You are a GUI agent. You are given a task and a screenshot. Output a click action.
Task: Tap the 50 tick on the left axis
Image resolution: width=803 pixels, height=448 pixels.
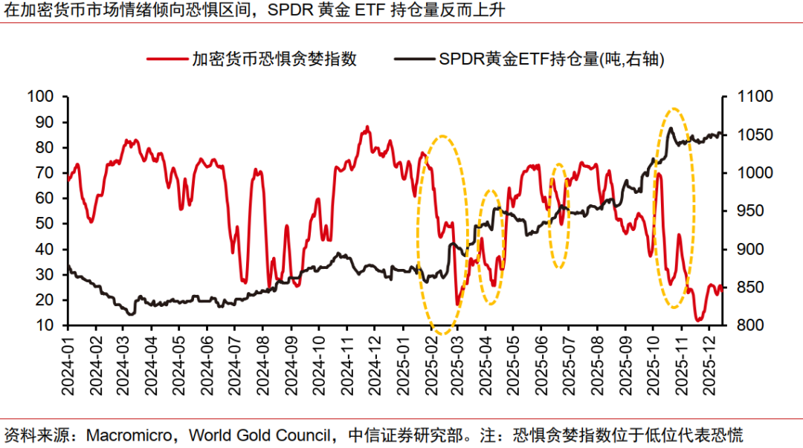click(x=44, y=224)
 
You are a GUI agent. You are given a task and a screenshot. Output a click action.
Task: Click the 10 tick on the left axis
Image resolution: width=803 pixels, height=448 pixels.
click(x=44, y=325)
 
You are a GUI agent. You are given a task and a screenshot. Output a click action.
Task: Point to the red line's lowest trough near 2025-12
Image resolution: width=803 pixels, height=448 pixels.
click(x=698, y=320)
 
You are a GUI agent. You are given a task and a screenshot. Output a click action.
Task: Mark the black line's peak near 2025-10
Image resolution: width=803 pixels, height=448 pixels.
click(x=671, y=129)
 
